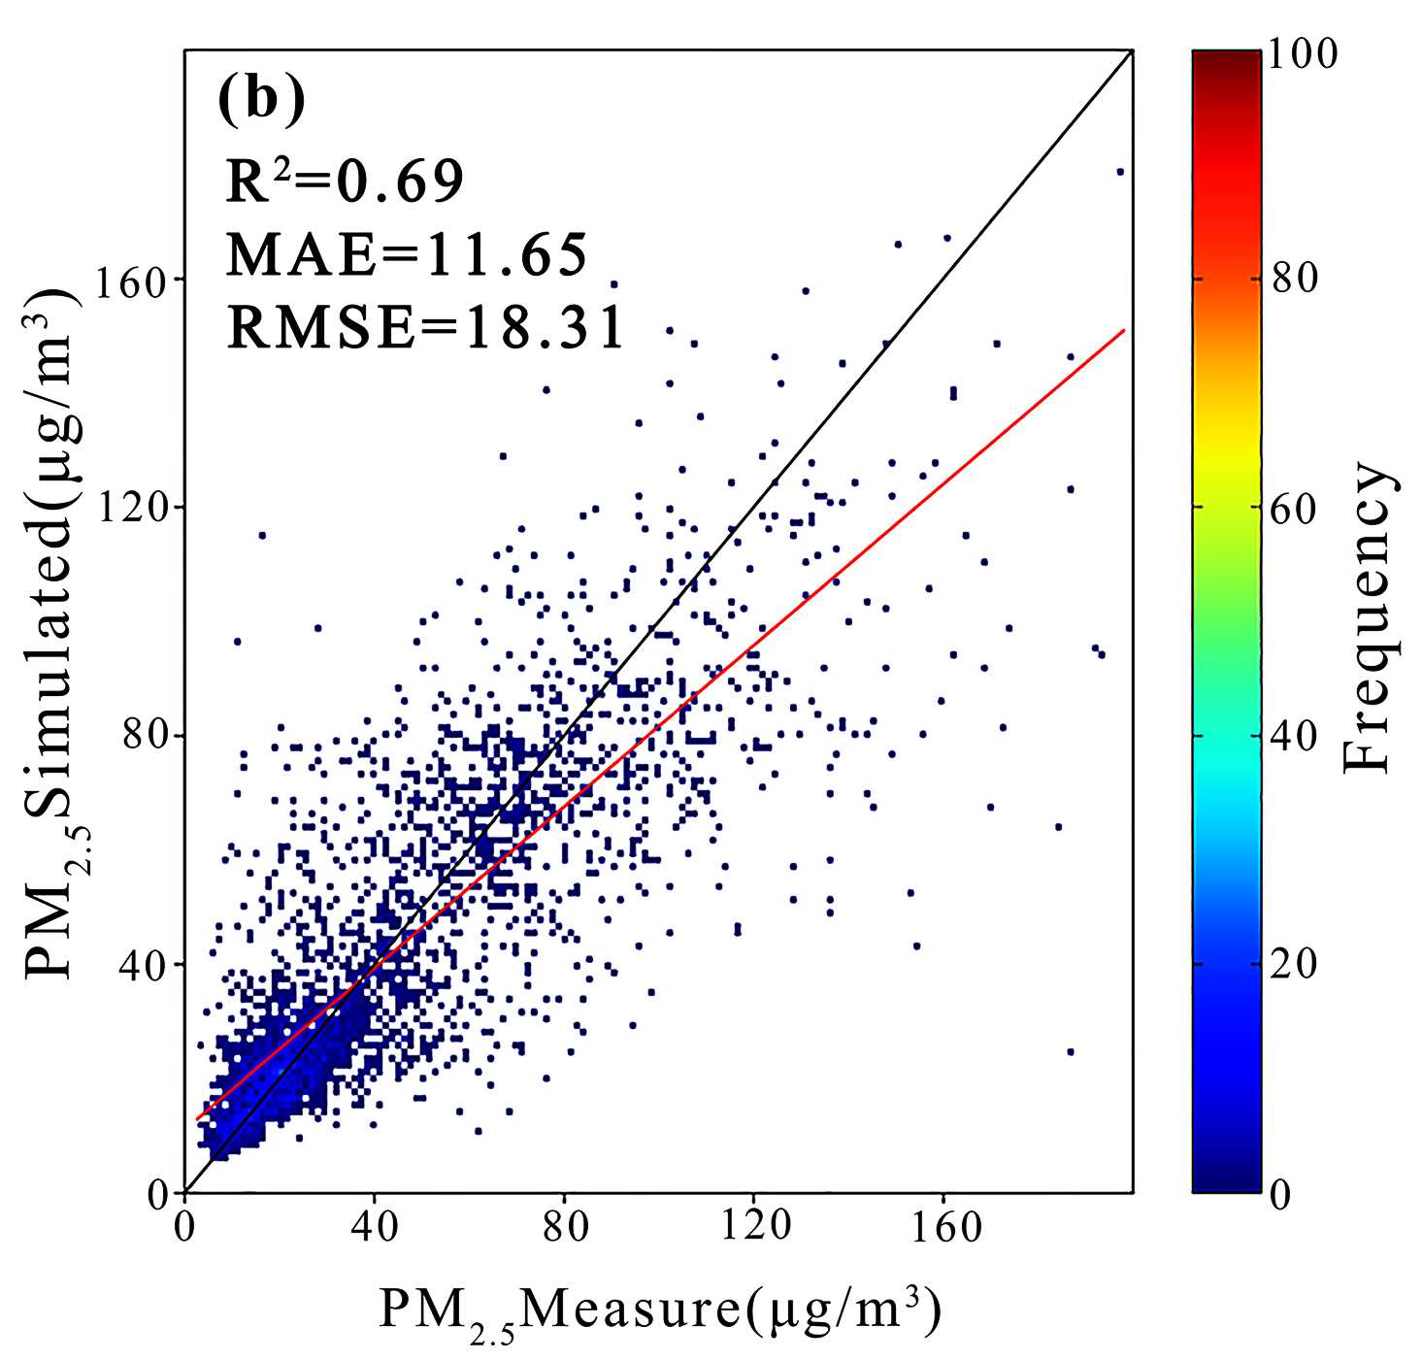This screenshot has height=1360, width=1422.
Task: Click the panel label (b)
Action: point(261,100)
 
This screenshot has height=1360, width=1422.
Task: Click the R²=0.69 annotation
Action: point(345,182)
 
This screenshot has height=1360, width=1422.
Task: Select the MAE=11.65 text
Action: point(408,255)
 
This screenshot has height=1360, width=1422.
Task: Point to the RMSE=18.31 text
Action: point(425,328)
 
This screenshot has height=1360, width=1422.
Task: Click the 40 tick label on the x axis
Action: point(375,1227)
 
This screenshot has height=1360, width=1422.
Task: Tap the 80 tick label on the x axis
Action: point(565,1227)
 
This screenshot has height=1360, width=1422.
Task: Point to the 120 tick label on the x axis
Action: point(755,1227)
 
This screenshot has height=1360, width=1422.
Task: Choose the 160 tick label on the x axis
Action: point(945,1227)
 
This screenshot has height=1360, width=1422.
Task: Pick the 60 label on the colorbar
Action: point(1295,508)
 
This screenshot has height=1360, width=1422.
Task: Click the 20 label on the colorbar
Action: point(1295,965)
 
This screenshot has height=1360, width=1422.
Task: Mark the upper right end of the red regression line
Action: point(1124,330)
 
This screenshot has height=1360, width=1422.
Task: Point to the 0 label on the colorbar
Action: point(1281,1193)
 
